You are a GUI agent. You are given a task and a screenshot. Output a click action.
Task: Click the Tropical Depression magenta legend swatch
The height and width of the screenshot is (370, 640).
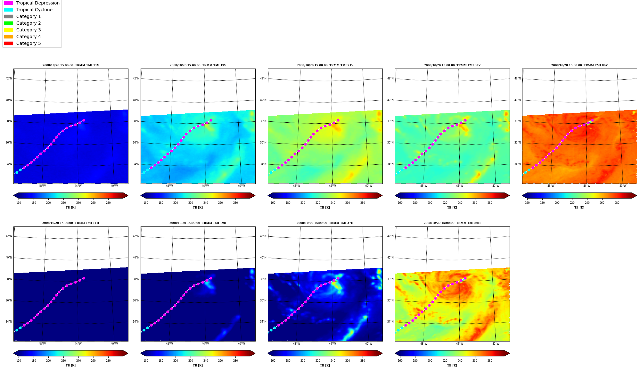[x=9, y=3]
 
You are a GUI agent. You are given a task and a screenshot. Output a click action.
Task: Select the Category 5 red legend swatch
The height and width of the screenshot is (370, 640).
[x=9, y=43]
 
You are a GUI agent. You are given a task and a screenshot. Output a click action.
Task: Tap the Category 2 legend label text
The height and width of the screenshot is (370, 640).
[x=29, y=23]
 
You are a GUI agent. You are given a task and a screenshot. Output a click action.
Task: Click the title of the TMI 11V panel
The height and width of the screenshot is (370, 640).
[x=71, y=65]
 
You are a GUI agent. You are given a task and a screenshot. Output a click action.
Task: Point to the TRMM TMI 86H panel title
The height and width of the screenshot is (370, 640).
[x=452, y=223]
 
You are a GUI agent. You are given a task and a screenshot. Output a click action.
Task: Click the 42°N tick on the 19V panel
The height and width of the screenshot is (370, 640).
[x=136, y=78]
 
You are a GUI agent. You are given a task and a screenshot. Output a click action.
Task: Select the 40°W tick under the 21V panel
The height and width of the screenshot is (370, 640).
[x=369, y=186]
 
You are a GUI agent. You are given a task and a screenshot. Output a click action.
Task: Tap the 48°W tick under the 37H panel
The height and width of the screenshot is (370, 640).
[x=297, y=344]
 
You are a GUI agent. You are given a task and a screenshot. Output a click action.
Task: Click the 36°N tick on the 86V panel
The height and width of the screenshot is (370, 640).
[x=518, y=143]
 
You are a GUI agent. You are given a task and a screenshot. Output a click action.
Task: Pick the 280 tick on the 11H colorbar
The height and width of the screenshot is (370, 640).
[x=108, y=361]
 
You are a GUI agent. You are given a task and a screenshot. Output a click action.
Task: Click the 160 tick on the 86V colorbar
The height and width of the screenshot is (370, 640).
[x=527, y=203]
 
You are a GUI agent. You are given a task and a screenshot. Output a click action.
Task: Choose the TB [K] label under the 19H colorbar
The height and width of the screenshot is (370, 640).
[x=198, y=366]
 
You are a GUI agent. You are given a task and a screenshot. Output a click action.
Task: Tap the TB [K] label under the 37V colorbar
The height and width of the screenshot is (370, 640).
[x=452, y=208]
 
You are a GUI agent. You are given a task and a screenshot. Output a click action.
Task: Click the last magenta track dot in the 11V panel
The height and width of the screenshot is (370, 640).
[x=84, y=120]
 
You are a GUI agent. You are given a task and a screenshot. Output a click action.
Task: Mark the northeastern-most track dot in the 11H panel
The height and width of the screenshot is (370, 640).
[x=84, y=278]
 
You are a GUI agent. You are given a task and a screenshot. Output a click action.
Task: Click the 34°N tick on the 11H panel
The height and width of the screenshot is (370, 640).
[x=9, y=322]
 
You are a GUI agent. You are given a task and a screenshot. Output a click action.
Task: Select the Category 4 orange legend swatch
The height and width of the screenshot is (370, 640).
[x=9, y=37]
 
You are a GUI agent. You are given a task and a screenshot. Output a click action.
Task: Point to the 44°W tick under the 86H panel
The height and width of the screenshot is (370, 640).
[x=460, y=344]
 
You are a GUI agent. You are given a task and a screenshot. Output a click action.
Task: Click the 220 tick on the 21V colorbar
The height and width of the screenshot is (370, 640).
[x=318, y=203]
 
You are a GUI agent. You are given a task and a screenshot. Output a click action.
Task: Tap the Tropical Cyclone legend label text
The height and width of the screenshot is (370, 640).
[x=34, y=10]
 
